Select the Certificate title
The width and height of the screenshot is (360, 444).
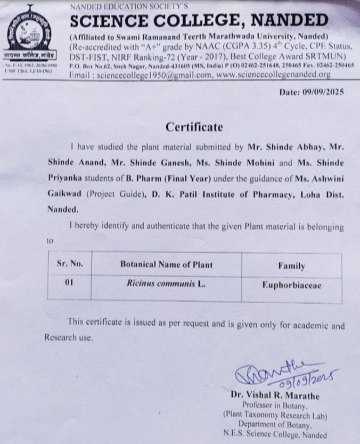194,127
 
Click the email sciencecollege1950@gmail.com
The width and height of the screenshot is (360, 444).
141,75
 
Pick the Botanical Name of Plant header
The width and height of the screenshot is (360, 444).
166,264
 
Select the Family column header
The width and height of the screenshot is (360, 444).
291,265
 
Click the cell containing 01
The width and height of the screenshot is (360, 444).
69,283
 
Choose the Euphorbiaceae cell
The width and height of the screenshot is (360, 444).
291,285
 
